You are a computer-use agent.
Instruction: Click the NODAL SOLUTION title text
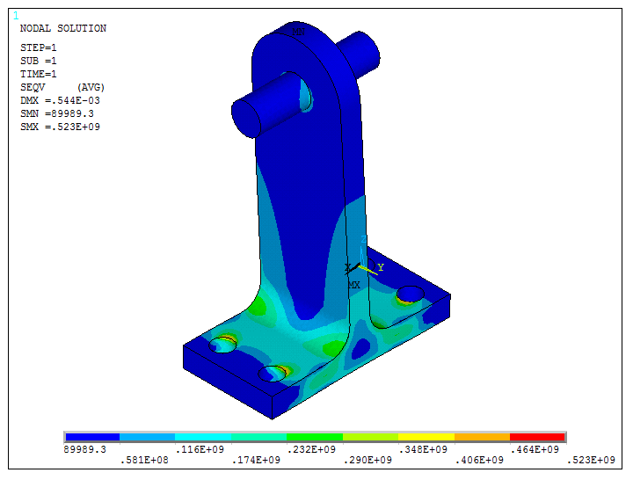click(62, 29)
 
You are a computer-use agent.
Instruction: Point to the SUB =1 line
click(39, 61)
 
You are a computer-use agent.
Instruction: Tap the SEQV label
click(33, 87)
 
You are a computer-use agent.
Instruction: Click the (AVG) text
click(91, 87)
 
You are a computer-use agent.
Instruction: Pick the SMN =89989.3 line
click(56, 114)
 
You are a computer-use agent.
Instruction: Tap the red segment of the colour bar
click(537, 437)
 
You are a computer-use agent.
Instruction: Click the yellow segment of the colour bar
click(426, 437)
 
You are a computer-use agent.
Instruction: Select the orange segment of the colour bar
click(482, 437)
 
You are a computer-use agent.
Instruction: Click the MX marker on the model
click(353, 285)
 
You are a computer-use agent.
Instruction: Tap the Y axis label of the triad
click(381, 266)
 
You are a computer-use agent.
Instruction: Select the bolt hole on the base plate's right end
click(411, 294)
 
